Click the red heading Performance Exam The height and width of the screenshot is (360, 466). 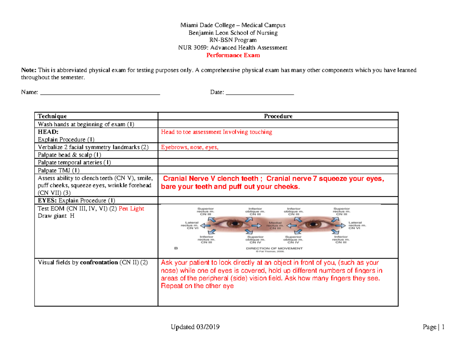pyautogui.click(x=233, y=56)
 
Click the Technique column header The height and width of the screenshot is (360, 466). pyautogui.click(x=52, y=116)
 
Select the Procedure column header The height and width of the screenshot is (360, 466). pyautogui.click(x=278, y=116)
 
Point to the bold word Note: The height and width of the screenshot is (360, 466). pyautogui.click(x=28, y=70)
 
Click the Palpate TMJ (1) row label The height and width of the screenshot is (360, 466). pyautogui.click(x=58, y=170)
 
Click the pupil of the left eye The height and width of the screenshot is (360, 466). pyautogui.click(x=234, y=224)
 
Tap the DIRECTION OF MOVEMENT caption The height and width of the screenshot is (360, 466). pyautogui.click(x=275, y=247)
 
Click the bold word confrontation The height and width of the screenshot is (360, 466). pyautogui.click(x=99, y=262)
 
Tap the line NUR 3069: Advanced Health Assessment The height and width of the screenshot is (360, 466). pyautogui.click(x=233, y=48)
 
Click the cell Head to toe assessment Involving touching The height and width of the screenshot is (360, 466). pyautogui.click(x=216, y=132)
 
